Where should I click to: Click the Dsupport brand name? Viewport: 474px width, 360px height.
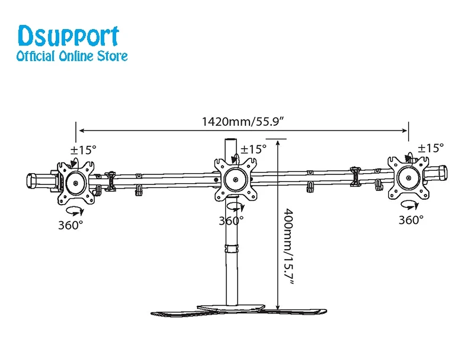(69, 36)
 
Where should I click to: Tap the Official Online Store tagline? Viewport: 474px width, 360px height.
(72, 56)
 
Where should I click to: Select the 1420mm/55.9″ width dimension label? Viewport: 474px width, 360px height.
(243, 122)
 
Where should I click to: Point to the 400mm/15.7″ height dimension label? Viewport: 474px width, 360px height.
(288, 246)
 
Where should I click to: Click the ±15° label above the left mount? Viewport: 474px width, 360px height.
(84, 149)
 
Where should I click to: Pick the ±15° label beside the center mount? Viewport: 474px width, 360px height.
(254, 149)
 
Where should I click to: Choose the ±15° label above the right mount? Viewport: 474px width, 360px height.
(431, 148)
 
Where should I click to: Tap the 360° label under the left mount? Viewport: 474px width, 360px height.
(71, 225)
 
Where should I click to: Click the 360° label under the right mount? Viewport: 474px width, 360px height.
(411, 220)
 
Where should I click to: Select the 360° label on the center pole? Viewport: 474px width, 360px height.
(231, 221)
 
